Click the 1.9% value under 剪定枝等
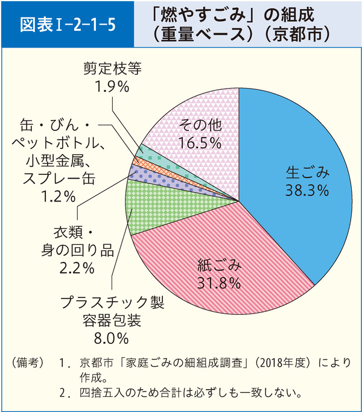(x=113, y=86)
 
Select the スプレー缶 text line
(x=59, y=178)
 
